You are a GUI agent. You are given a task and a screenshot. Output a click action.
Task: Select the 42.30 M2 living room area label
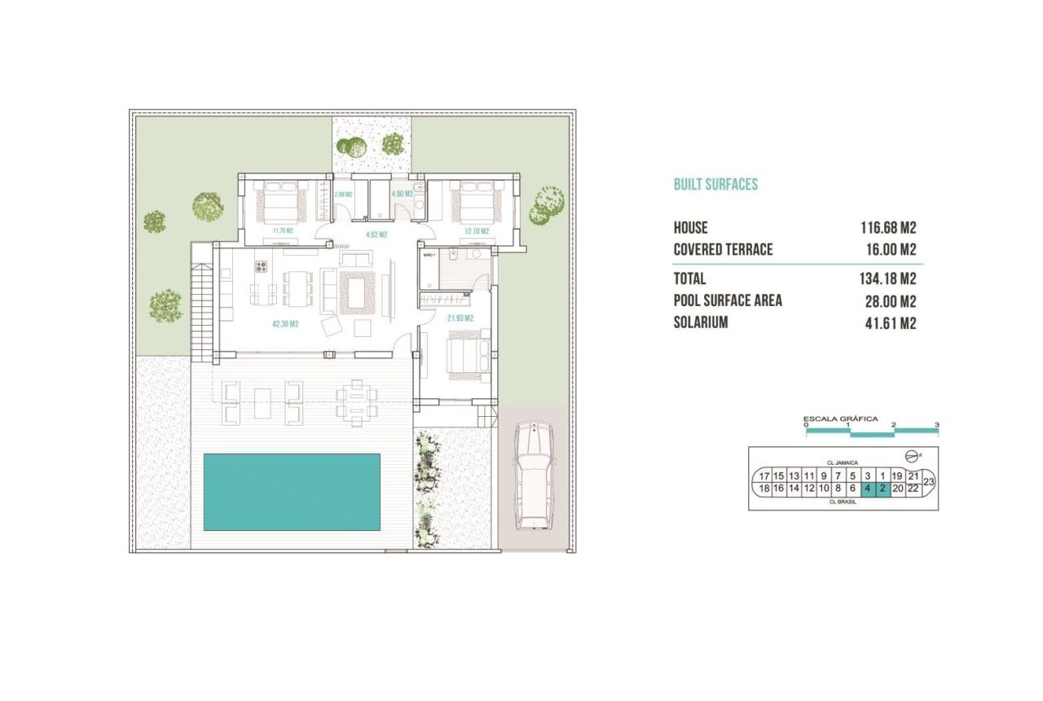pos(285,323)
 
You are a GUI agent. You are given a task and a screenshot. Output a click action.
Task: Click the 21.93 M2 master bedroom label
pos(460,318)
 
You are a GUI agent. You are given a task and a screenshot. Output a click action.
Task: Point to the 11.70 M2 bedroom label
pos(282,231)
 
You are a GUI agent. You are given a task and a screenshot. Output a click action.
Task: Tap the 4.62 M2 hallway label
pos(376,234)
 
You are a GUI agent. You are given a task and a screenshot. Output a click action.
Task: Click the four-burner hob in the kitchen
pos(262,265)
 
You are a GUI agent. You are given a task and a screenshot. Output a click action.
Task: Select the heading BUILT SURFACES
pos(715,185)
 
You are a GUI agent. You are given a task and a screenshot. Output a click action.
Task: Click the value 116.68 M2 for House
pos(888,228)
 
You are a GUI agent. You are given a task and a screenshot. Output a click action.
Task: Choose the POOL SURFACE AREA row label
pos(728,300)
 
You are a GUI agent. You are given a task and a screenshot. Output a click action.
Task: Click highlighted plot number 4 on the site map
pos(867,489)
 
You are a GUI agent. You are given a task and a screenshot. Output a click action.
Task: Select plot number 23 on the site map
pos(928,482)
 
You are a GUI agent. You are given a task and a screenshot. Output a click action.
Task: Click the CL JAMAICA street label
pos(843,462)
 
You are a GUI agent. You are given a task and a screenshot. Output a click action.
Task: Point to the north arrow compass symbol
pos(912,455)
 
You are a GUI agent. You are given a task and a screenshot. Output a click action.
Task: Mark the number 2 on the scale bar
pos(893,425)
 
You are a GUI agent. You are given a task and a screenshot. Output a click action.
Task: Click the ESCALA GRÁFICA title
pos(840,418)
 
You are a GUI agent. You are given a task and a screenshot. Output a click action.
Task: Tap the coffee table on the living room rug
pos(357,291)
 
